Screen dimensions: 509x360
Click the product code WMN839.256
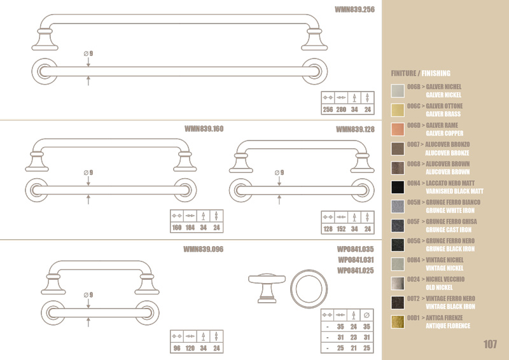(354, 10)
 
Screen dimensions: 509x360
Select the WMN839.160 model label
(204, 129)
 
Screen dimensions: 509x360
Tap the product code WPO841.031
(356, 260)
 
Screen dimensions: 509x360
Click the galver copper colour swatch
(398, 129)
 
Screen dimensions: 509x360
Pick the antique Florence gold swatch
(398, 322)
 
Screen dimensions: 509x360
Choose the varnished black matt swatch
(398, 187)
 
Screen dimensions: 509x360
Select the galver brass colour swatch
(398, 110)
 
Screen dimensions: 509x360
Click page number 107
(490, 344)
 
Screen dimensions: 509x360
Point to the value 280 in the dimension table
(341, 109)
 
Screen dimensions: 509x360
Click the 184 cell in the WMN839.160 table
(190, 228)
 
